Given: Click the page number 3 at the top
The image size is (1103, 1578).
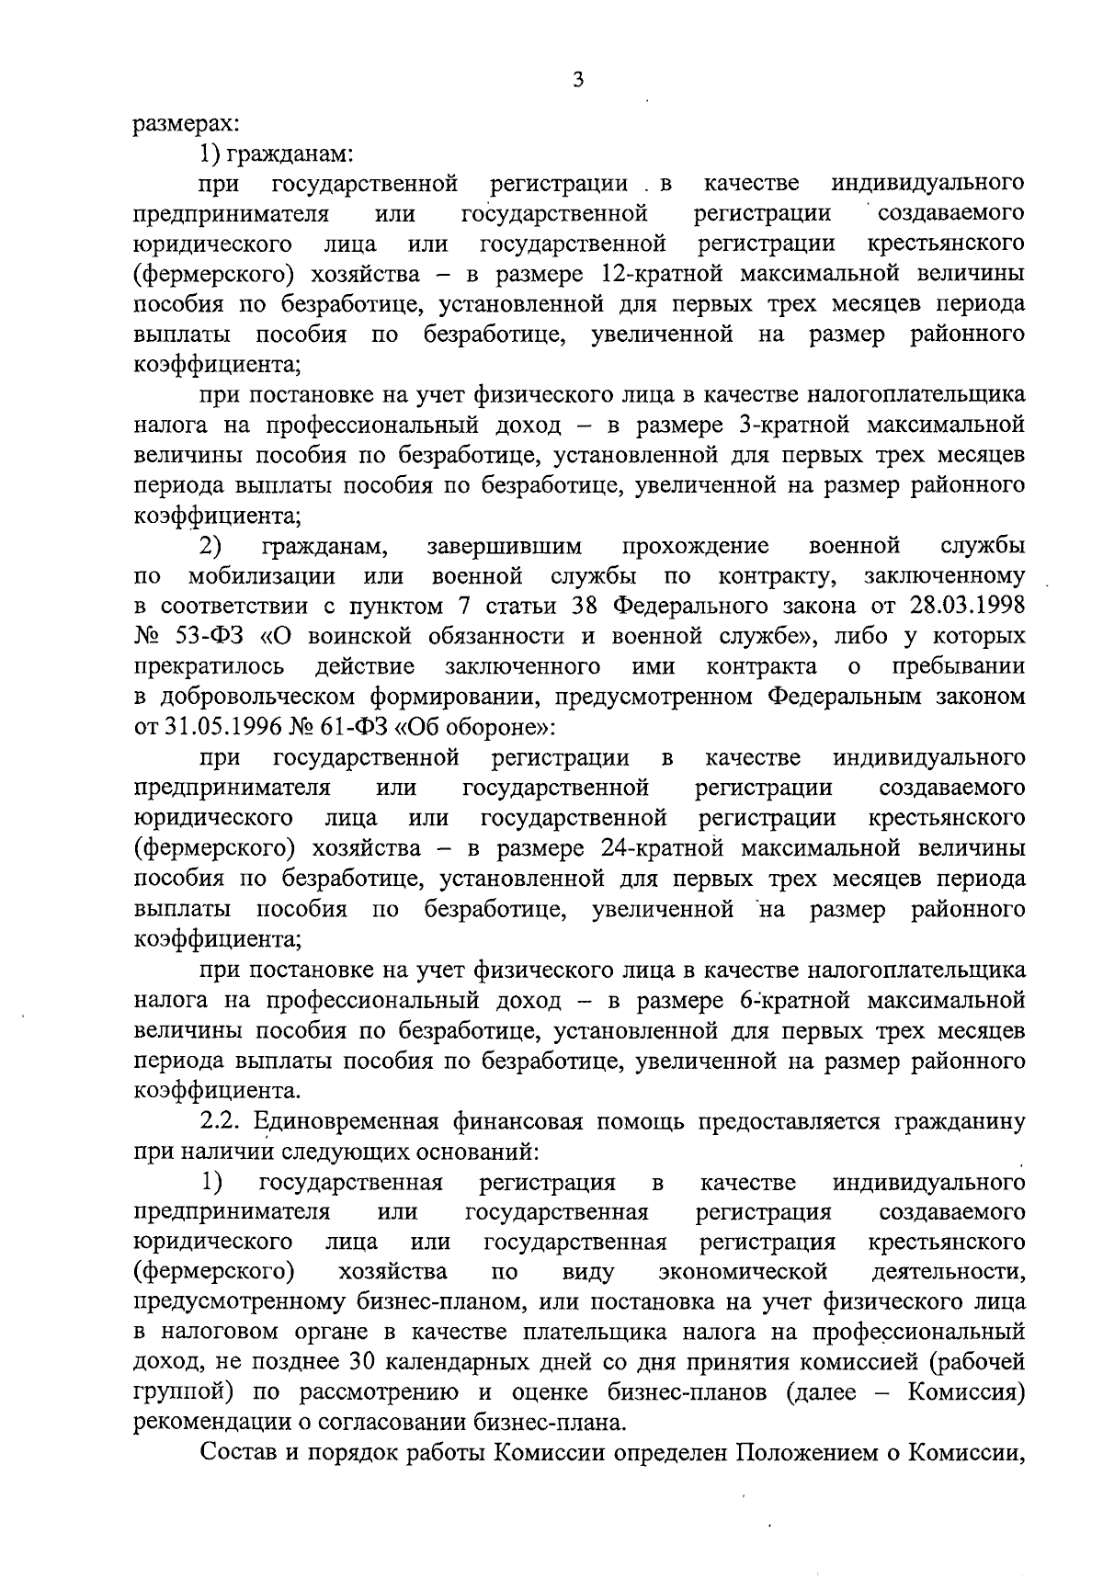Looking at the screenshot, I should click(577, 80).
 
